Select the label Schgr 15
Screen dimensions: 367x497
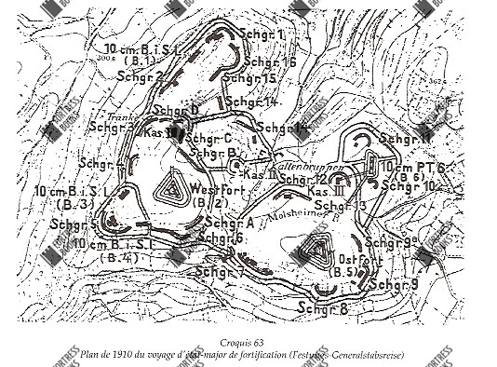pos(254,79)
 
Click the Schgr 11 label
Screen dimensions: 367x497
pos(407,139)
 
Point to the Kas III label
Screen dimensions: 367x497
pos(323,191)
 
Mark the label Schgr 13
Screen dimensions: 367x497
pos(341,205)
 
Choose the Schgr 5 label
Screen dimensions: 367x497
pos(74,224)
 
